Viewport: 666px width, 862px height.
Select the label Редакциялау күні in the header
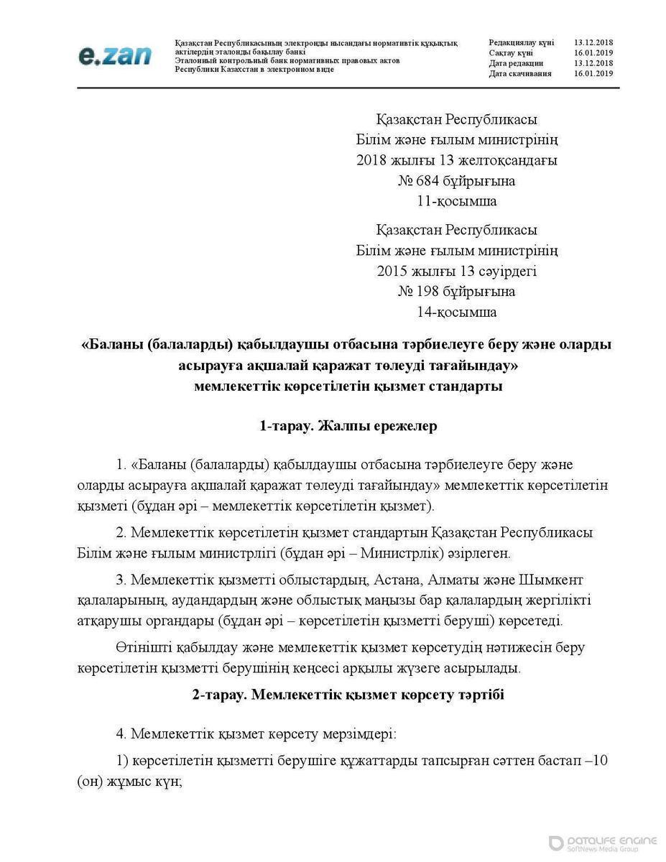[x=520, y=43]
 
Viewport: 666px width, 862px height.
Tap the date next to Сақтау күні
[x=593, y=53]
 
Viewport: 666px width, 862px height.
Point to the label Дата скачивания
[x=520, y=73]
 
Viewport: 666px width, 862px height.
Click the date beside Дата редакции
[x=593, y=63]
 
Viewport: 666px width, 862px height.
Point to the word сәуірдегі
[x=503, y=272]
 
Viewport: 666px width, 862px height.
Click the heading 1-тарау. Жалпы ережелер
[x=348, y=426]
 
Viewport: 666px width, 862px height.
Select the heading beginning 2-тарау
[x=348, y=695]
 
